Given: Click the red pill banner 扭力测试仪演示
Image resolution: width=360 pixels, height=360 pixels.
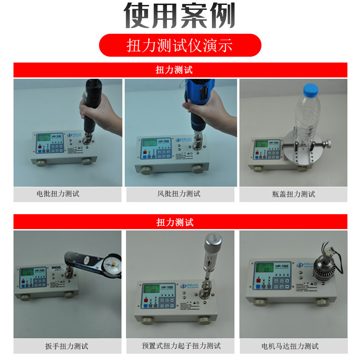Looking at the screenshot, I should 180,45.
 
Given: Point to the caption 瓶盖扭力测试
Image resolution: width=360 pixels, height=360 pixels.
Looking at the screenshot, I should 293,194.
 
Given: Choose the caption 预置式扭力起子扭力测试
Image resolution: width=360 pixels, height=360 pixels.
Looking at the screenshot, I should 180,346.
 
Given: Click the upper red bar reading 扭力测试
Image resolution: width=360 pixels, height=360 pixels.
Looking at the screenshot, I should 180,70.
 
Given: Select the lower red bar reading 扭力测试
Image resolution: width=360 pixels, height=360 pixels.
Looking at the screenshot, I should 180,222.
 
